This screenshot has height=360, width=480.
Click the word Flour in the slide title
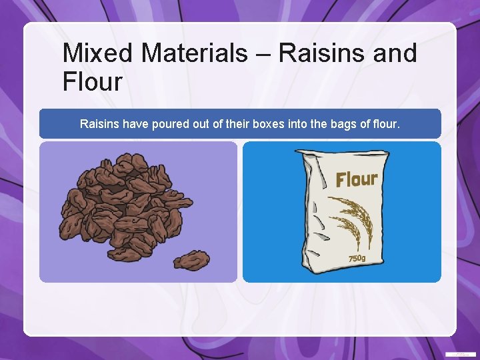(93, 82)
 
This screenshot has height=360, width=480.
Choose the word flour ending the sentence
(386, 123)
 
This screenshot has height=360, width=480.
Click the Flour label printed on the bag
(357, 179)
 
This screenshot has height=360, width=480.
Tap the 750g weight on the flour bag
(357, 258)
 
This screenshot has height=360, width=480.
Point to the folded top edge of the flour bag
(341, 156)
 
